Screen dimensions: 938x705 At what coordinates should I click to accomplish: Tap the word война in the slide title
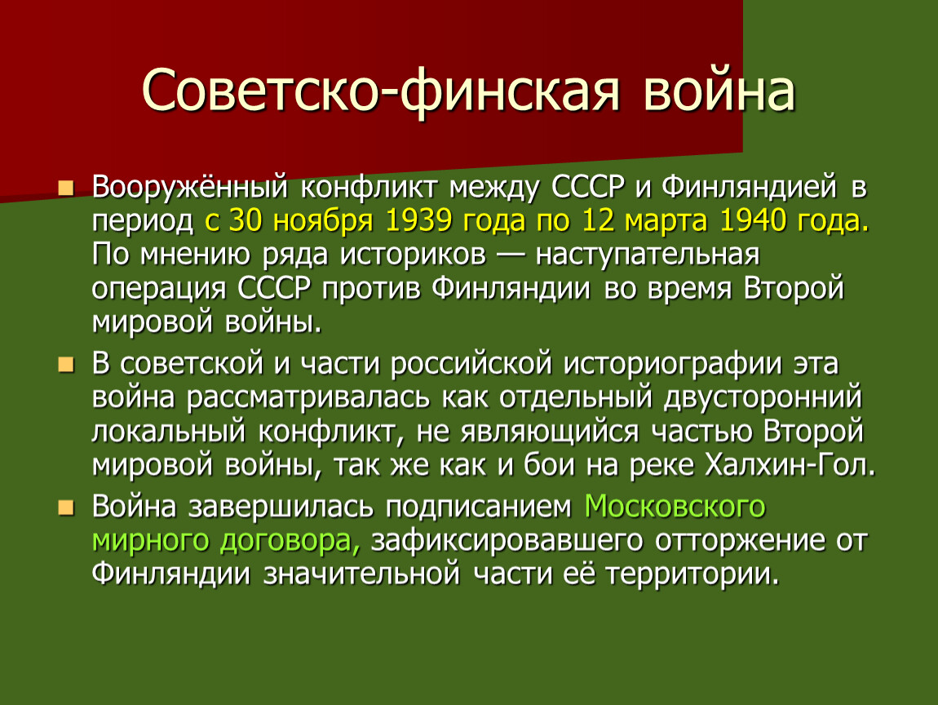(719, 91)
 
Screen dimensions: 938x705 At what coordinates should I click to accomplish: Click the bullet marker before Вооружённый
(66, 188)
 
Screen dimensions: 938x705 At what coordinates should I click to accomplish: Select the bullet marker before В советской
(66, 365)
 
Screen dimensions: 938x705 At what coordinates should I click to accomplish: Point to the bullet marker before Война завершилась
(66, 508)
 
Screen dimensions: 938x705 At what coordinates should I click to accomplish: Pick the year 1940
(753, 220)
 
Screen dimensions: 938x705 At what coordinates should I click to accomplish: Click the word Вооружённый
(190, 188)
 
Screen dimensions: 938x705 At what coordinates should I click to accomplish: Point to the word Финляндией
(750, 188)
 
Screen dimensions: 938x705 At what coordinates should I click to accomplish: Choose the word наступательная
(648, 255)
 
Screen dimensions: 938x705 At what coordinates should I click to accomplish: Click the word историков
(413, 255)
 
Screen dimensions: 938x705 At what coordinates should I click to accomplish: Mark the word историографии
(672, 365)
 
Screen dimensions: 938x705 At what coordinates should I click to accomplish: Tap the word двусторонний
(763, 398)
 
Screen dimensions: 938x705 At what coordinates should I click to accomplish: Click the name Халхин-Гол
(790, 466)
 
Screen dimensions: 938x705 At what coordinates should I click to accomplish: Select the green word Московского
(675, 507)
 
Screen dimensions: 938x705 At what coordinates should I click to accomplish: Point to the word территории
(693, 574)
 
